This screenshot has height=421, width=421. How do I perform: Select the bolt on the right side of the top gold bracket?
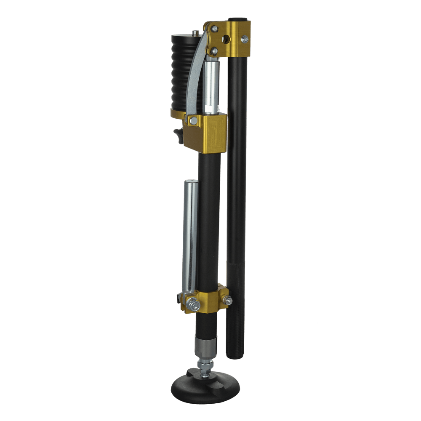[245, 39]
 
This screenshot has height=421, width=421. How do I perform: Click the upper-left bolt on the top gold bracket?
[215, 28]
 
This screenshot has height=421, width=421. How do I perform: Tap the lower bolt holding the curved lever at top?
[214, 51]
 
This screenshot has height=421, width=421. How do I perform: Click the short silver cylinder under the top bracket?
[212, 86]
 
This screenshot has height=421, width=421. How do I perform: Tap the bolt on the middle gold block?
[193, 121]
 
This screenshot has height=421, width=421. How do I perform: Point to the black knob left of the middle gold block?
[177, 134]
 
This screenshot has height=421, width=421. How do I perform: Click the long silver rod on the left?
[190, 236]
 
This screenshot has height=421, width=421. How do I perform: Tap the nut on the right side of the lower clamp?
[228, 301]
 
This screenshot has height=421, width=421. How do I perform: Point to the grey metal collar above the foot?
[205, 346]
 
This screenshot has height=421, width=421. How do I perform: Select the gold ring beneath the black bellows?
[178, 114]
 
